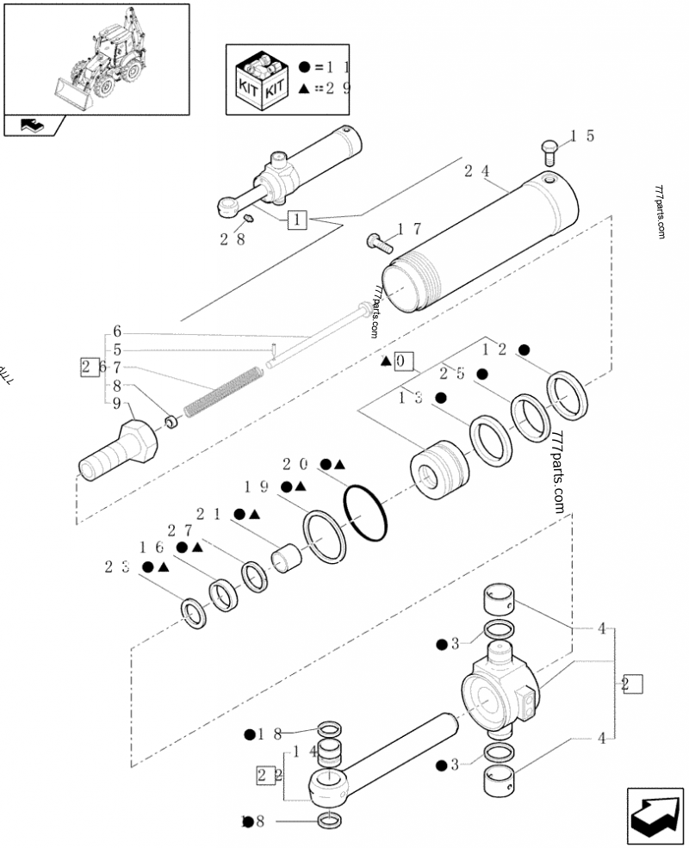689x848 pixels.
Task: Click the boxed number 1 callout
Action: click(x=296, y=220)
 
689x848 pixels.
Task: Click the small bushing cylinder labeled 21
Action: click(x=288, y=557)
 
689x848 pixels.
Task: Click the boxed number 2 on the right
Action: click(x=633, y=685)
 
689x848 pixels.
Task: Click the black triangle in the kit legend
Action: click(x=304, y=89)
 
